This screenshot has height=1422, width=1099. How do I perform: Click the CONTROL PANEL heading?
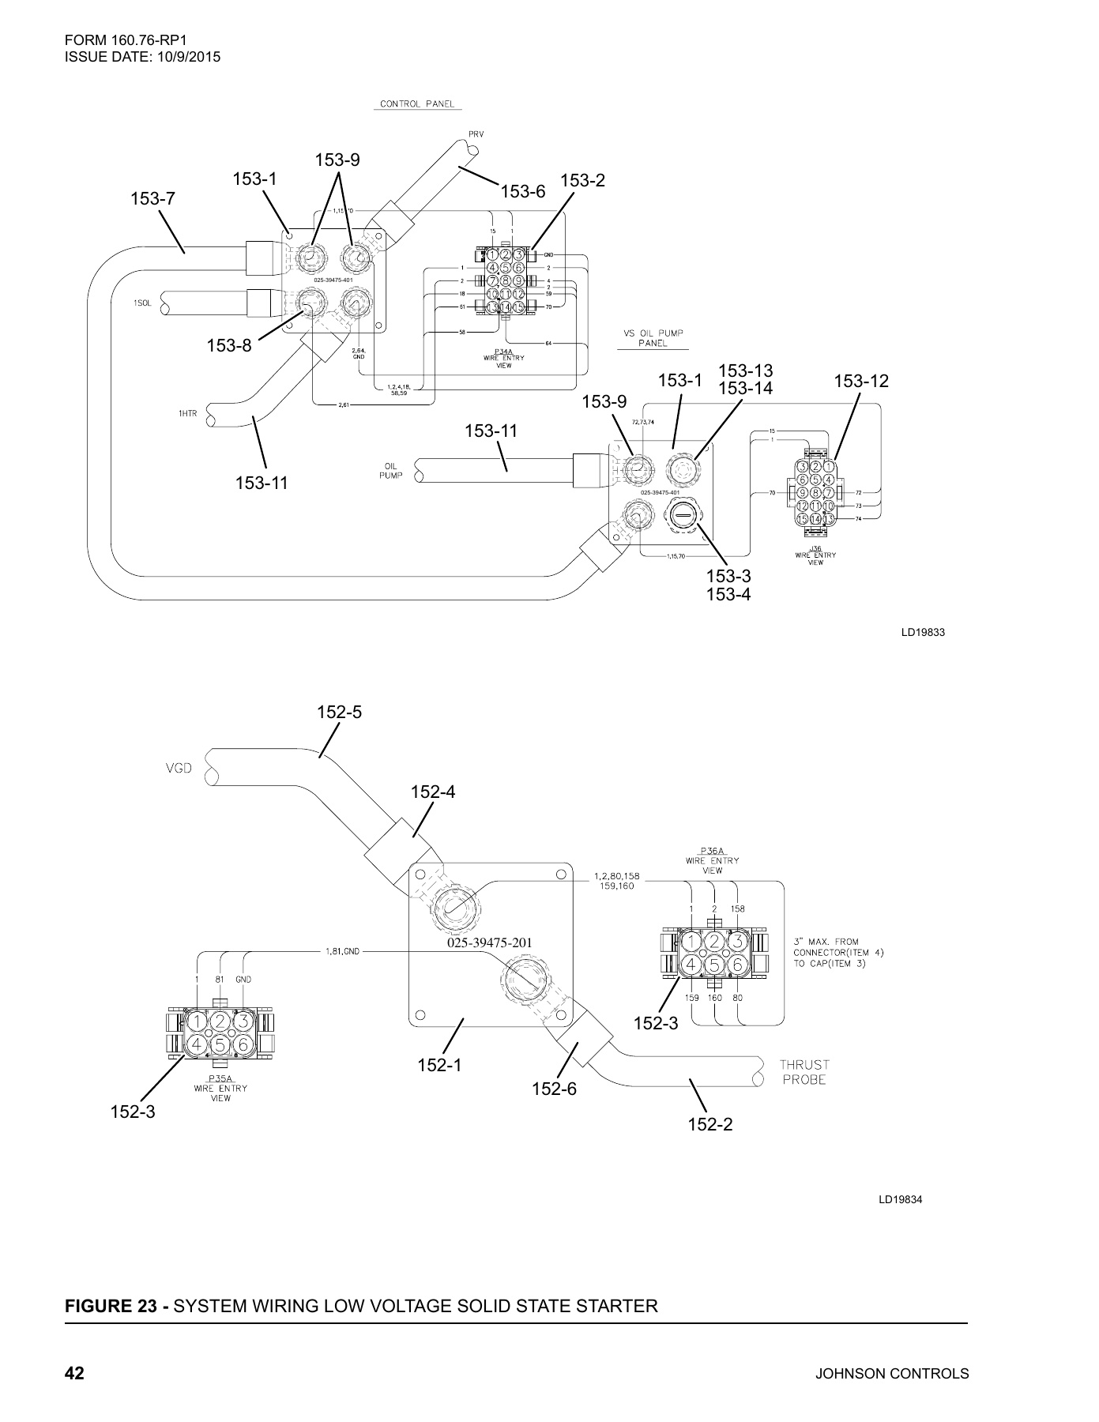click(x=417, y=104)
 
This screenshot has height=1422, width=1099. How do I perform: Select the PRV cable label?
click(x=476, y=134)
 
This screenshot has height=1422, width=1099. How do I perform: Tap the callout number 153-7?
click(x=152, y=199)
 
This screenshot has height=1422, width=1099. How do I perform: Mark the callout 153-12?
click(x=861, y=382)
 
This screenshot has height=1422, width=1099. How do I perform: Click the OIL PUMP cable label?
click(x=390, y=471)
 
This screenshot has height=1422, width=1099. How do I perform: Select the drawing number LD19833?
click(x=923, y=633)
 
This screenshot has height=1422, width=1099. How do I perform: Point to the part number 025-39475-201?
click(x=490, y=943)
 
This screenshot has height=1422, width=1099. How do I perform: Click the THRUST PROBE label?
click(x=804, y=1072)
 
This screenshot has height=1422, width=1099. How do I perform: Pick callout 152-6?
click(x=554, y=1089)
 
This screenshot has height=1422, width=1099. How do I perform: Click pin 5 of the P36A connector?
click(x=713, y=964)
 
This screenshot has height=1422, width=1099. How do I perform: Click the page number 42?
click(x=74, y=1374)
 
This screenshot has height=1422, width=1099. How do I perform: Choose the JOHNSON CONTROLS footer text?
click(x=892, y=1374)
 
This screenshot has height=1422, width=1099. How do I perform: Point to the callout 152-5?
click(x=339, y=712)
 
